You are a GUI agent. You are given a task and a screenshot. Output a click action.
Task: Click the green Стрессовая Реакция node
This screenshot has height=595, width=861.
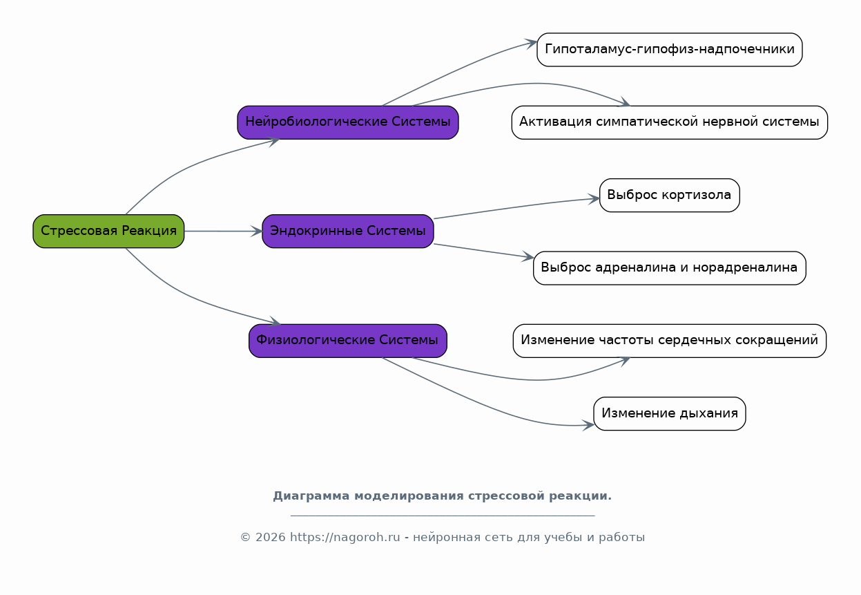(108, 231)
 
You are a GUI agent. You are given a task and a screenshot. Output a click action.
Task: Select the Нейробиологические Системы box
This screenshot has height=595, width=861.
(348, 122)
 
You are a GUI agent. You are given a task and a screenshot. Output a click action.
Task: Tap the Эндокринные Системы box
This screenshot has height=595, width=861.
(348, 231)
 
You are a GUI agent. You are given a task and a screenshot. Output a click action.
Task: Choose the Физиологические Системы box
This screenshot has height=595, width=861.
(348, 341)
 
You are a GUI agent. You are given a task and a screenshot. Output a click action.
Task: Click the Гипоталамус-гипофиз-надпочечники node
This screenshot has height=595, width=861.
(670, 50)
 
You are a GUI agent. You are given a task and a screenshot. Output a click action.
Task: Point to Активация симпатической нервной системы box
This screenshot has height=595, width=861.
(670, 122)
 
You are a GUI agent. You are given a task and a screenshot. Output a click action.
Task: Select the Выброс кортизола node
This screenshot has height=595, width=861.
(670, 195)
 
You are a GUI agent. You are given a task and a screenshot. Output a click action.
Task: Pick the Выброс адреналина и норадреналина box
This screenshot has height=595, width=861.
(670, 268)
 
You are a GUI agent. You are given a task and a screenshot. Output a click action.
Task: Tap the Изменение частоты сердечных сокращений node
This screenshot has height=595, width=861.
(670, 341)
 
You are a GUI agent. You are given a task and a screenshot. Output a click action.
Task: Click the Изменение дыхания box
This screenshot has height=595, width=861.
(670, 413)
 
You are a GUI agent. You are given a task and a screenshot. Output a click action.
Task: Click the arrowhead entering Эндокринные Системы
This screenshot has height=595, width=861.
(257, 231)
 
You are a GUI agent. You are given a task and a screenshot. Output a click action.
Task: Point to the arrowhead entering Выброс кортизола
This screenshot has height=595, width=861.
(594, 199)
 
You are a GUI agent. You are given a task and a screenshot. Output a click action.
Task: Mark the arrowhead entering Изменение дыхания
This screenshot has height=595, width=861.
(589, 425)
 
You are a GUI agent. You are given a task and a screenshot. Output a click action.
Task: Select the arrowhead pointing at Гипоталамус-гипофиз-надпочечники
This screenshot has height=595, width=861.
(532, 43)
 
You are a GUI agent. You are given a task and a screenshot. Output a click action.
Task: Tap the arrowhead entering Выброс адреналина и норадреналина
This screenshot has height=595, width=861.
(528, 256)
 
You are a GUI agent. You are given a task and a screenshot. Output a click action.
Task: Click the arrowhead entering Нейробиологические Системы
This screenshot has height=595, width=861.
(273, 142)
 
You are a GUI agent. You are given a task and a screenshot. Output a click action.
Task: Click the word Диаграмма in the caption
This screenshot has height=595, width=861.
(311, 496)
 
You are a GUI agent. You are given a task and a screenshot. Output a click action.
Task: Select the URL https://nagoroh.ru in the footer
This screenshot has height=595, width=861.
(345, 537)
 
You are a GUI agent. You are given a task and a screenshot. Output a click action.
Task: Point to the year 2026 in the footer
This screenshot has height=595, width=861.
(270, 538)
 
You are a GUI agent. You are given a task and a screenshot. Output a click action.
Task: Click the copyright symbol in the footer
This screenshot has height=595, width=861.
(246, 538)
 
